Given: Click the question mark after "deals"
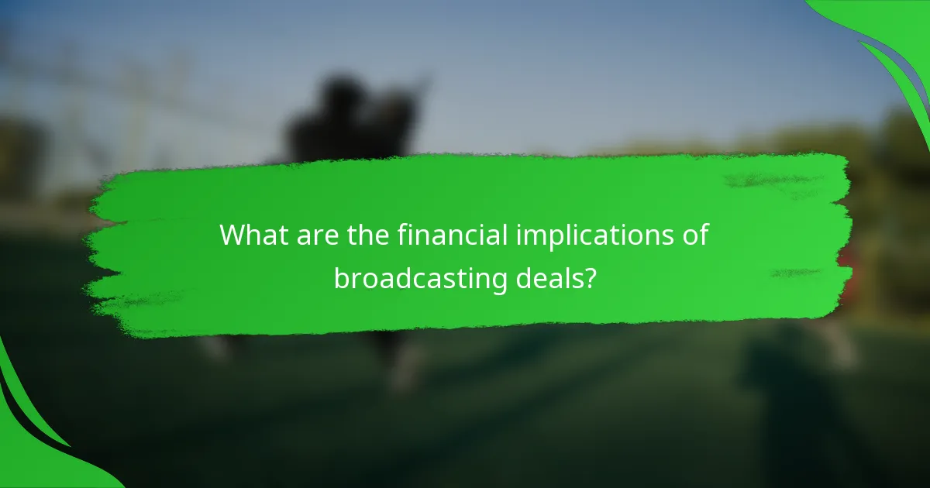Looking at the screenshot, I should coord(590,277).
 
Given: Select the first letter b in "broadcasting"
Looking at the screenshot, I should coord(341,277).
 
